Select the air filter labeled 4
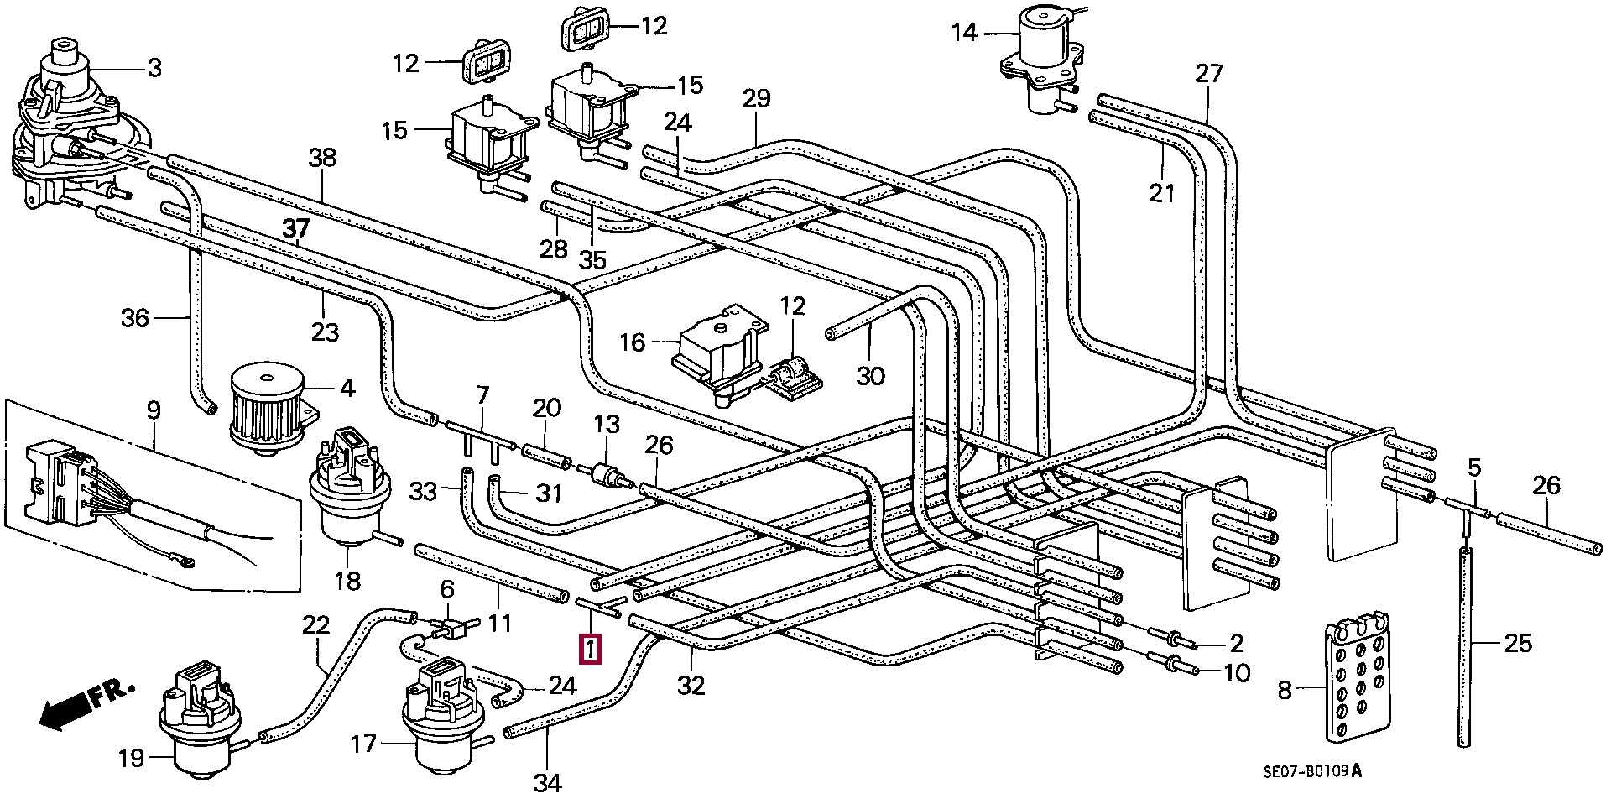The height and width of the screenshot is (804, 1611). tap(267, 409)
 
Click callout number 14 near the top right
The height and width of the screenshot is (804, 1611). tap(965, 33)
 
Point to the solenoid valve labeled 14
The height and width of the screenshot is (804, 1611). tap(1040, 59)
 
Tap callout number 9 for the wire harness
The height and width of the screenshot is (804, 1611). tap(153, 411)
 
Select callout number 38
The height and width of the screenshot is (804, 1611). tap(322, 158)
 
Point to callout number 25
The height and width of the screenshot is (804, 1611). tap(1517, 644)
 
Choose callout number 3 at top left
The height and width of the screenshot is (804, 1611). tap(154, 68)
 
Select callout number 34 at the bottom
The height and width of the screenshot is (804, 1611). tap(547, 783)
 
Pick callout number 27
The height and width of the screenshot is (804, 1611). tap(1209, 73)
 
